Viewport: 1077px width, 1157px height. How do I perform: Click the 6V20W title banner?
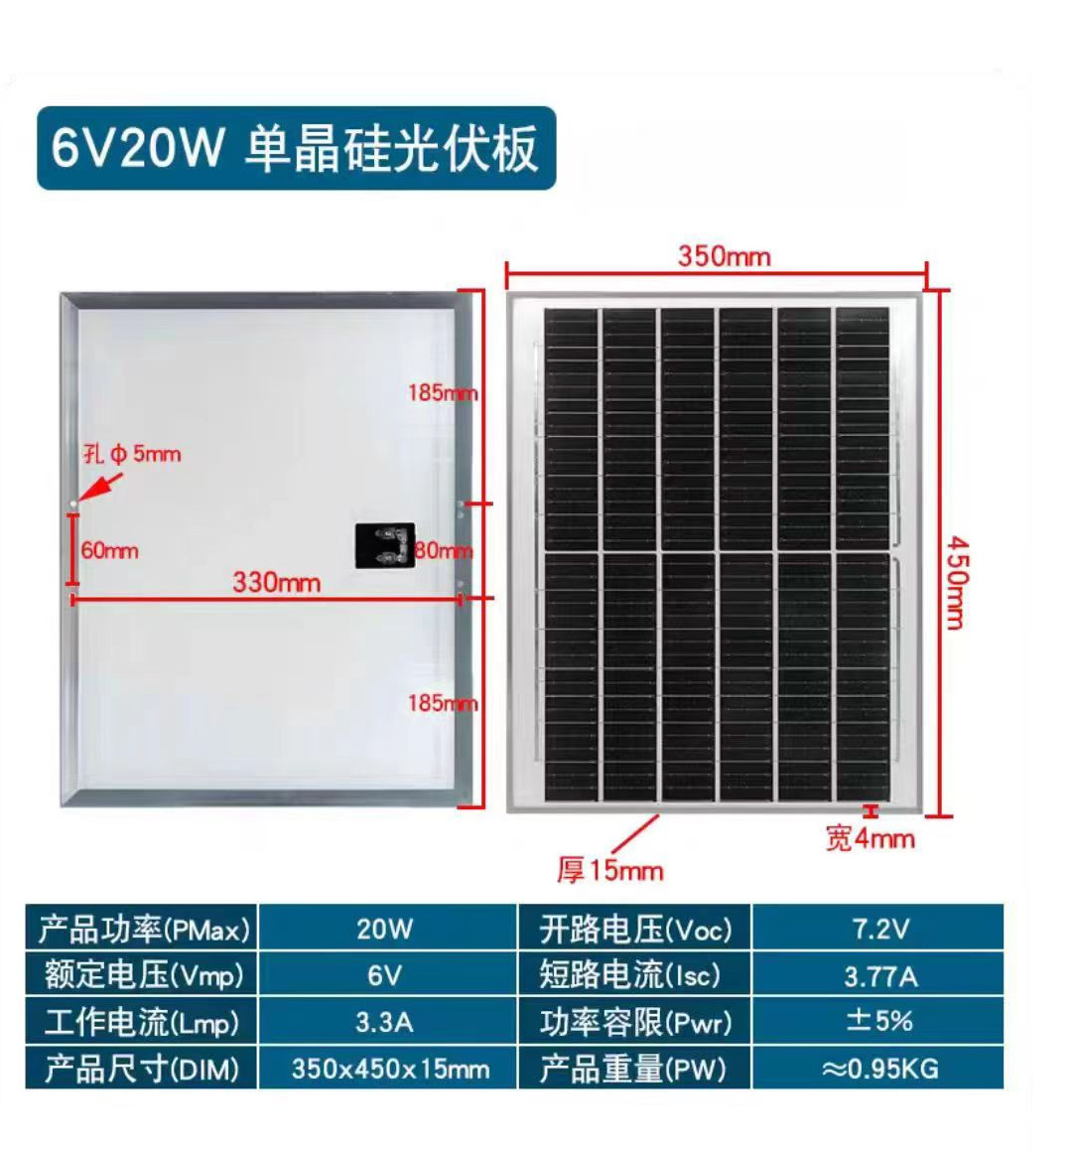pos(296,149)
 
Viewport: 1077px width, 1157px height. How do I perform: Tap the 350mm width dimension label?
pos(724,256)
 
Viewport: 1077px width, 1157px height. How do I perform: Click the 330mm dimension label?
pos(276,582)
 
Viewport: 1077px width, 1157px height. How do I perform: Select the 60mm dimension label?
pos(109,550)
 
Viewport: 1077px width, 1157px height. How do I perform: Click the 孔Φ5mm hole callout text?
pos(132,455)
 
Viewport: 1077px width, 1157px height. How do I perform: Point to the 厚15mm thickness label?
pos(609,871)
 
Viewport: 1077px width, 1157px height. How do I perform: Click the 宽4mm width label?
pos(870,839)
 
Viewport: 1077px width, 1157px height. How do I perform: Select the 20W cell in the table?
pos(385,929)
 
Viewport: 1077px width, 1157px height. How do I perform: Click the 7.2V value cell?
pos(879,929)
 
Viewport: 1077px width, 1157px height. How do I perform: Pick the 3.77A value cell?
pos(879,976)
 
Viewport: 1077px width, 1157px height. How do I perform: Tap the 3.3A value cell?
pos(385,1022)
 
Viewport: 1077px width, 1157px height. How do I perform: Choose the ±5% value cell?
pos(879,1022)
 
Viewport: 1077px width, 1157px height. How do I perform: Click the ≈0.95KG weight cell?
pos(879,1069)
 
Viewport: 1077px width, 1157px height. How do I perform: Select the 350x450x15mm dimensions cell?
pos(389,1069)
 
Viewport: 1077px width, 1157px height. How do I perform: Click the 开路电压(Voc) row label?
pos(635,929)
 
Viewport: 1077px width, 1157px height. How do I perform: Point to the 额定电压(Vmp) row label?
pos(143,975)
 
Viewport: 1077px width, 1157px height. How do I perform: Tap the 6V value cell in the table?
pos(385,975)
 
